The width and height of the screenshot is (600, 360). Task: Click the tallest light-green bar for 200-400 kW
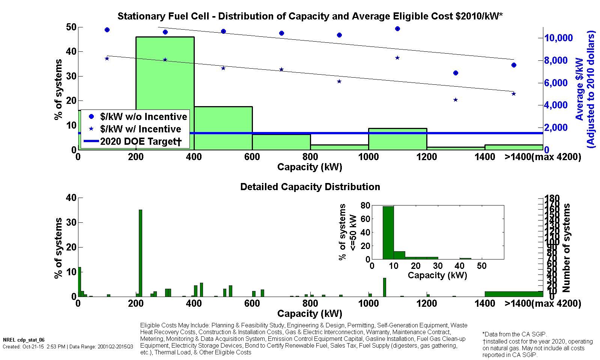(x=165, y=75)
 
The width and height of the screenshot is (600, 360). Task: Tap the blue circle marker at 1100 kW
(x=397, y=28)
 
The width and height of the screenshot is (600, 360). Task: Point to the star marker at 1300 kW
(x=456, y=100)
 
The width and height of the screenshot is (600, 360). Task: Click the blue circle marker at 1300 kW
(x=456, y=73)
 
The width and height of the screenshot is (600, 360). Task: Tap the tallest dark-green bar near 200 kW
(x=140, y=253)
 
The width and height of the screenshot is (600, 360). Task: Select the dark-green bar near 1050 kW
(x=384, y=287)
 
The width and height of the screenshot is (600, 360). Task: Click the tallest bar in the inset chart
(x=388, y=232)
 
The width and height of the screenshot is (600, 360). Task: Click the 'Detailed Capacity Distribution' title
(x=310, y=187)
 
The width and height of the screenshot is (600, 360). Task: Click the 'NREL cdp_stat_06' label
(x=23, y=340)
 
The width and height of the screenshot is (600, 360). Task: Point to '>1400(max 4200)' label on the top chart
(x=543, y=157)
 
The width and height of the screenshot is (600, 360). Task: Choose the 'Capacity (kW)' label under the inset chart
(x=437, y=275)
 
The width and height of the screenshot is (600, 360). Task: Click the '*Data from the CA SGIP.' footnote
(x=514, y=334)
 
